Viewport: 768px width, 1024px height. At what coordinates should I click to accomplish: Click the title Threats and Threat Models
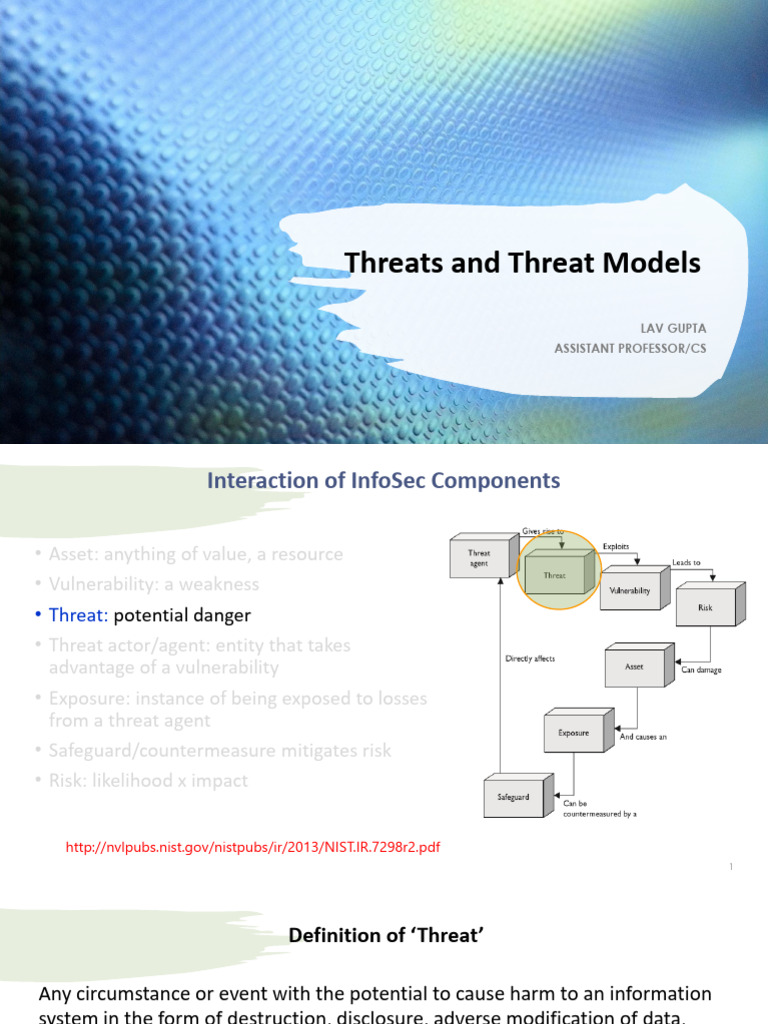(x=522, y=263)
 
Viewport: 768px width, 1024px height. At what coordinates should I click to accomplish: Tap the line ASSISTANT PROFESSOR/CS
(x=630, y=348)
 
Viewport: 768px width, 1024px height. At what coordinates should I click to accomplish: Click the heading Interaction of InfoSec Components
(x=383, y=481)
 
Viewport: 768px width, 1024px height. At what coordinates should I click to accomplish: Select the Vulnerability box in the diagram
(x=629, y=590)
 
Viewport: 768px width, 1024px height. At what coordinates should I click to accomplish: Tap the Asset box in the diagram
(x=634, y=666)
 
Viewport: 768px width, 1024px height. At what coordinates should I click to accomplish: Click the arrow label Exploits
(x=616, y=547)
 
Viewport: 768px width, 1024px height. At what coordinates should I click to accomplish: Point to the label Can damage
(x=703, y=670)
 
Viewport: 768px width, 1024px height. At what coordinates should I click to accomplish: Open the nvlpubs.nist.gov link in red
(x=252, y=847)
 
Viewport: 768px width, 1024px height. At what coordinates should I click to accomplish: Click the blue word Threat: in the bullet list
(x=79, y=615)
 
